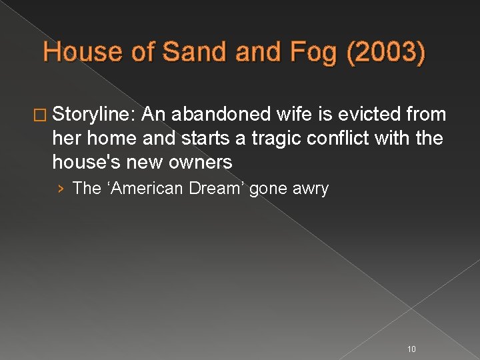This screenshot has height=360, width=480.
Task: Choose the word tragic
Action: (x=278, y=138)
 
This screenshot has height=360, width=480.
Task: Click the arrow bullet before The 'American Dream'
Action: (x=61, y=189)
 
